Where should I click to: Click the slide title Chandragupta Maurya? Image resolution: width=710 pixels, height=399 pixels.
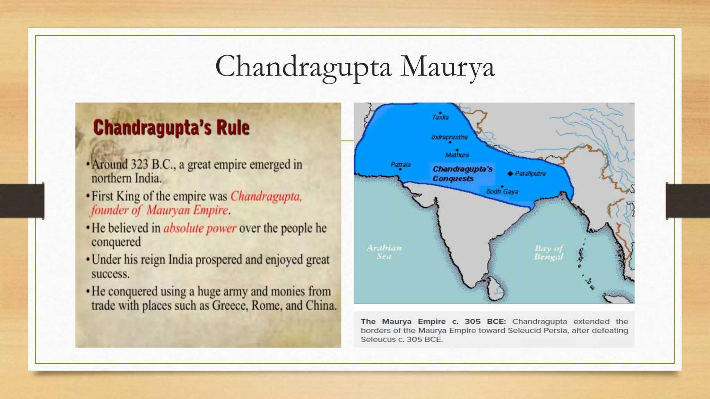pyautogui.click(x=355, y=66)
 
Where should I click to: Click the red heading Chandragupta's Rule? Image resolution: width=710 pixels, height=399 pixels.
pyautogui.click(x=171, y=127)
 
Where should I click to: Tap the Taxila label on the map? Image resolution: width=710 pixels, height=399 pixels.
pyautogui.click(x=440, y=117)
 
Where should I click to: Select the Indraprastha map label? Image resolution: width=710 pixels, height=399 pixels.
pyautogui.click(x=449, y=137)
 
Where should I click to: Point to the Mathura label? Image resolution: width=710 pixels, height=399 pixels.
pyautogui.click(x=457, y=155)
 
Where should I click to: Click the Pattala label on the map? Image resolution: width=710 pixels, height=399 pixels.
pyautogui.click(x=400, y=165)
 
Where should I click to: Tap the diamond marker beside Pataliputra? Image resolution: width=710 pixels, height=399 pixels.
pyautogui.click(x=510, y=174)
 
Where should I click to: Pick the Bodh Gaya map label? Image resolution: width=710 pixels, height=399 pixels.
pyautogui.click(x=502, y=191)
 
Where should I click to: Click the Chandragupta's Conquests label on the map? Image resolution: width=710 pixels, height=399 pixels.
pyautogui.click(x=462, y=174)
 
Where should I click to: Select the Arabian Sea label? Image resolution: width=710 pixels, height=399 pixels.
pyautogui.click(x=384, y=252)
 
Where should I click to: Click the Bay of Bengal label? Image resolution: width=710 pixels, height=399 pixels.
pyautogui.click(x=549, y=252)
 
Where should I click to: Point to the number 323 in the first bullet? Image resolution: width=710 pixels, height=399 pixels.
pyautogui.click(x=139, y=164)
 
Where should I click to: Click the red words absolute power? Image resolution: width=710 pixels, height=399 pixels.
pyautogui.click(x=200, y=228)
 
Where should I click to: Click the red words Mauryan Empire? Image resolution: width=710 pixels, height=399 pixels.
pyautogui.click(x=187, y=210)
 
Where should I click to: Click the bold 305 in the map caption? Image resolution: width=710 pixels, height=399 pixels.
pyautogui.click(x=473, y=321)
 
